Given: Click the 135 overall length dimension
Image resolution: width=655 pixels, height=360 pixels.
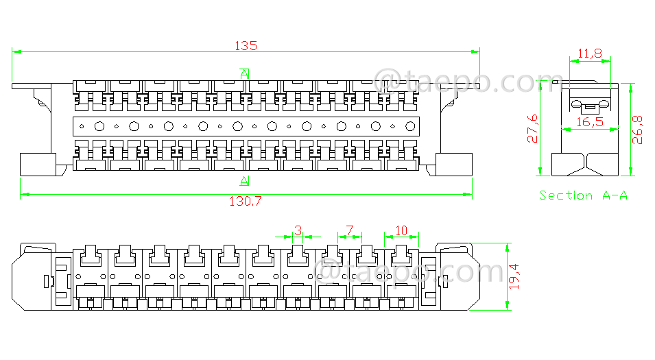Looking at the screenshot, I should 246,46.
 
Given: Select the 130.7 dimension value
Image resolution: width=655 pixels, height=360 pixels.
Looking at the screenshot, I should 245,202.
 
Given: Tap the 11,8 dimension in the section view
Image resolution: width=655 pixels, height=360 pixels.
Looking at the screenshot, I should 590,53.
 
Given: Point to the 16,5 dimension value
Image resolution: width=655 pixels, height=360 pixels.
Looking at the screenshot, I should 590,121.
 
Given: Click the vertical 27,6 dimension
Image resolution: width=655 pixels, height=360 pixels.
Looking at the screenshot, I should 533,129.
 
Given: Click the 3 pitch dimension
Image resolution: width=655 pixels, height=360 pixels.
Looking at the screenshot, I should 298,230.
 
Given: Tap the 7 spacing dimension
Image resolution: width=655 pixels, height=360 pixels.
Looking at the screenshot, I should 349,230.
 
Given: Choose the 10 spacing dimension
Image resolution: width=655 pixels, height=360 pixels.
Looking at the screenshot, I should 401,230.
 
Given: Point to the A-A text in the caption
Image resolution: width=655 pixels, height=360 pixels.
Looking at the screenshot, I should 615,195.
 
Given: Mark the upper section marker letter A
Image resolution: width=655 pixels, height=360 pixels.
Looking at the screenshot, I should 245,73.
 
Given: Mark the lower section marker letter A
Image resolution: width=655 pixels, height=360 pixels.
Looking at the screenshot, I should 245,182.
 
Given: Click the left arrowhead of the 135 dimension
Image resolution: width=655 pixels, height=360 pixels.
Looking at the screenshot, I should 16,51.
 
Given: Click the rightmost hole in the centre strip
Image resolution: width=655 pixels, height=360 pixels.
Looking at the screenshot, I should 410,126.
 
